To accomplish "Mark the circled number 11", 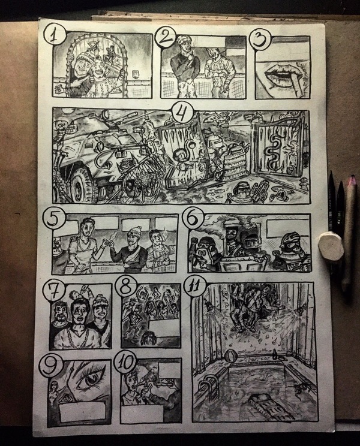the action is (195, 287).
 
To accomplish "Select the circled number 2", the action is (166, 38).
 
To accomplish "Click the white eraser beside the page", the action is (331, 246).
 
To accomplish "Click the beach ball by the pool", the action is (230, 357).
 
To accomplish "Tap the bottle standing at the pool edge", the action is (274, 355).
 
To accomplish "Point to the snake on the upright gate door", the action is (270, 150).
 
